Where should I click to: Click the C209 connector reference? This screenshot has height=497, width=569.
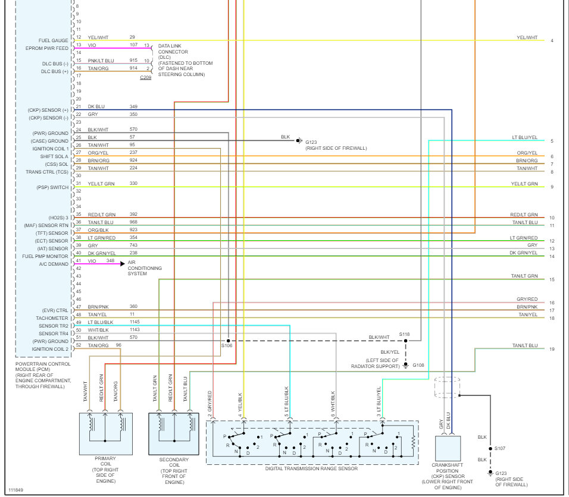(145, 78)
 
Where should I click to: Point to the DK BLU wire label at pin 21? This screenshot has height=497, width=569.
(96, 106)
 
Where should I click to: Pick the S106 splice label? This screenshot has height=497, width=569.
(227, 345)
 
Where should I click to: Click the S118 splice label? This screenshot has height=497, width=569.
(405, 335)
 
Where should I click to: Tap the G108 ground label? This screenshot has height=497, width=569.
(419, 365)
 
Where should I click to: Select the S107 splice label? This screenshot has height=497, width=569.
(500, 448)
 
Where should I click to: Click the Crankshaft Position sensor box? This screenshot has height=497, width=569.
(448, 452)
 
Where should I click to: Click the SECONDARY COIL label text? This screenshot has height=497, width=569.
(174, 463)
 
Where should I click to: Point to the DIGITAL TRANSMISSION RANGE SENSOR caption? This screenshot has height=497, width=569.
(312, 468)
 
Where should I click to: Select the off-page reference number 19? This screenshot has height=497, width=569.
(552, 349)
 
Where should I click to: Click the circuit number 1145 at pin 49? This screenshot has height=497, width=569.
(135, 322)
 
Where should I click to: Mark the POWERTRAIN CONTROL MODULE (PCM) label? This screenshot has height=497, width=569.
(43, 367)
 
